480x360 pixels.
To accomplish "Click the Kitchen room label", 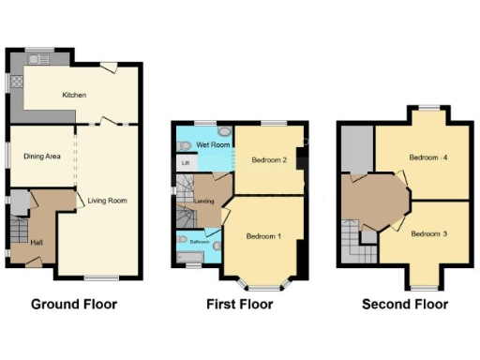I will pyautogui.click(x=75, y=96).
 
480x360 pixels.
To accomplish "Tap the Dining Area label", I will pyautogui.click(x=42, y=157).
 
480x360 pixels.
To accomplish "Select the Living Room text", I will pyautogui.click(x=108, y=201).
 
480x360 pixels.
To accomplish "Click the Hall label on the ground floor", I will pyautogui.click(x=36, y=242).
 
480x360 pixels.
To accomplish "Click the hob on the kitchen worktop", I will pyautogui.click(x=17, y=82).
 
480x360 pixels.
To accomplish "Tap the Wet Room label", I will pyautogui.click(x=215, y=145).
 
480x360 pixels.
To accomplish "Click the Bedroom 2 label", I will pyautogui.click(x=269, y=160).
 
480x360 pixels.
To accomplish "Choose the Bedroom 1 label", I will pyautogui.click(x=263, y=236).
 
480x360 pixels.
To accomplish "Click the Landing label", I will pyautogui.click(x=204, y=200).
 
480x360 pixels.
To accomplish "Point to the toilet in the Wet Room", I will pyautogui.click(x=185, y=145).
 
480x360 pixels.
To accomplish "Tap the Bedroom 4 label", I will pyautogui.click(x=428, y=157).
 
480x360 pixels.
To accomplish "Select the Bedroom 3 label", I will pyautogui.click(x=428, y=232).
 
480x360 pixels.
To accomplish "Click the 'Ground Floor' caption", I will pyautogui.click(x=74, y=305).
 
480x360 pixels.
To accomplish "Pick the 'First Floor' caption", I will pyautogui.click(x=239, y=305).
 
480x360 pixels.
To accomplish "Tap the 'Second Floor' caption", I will pyautogui.click(x=405, y=305).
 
